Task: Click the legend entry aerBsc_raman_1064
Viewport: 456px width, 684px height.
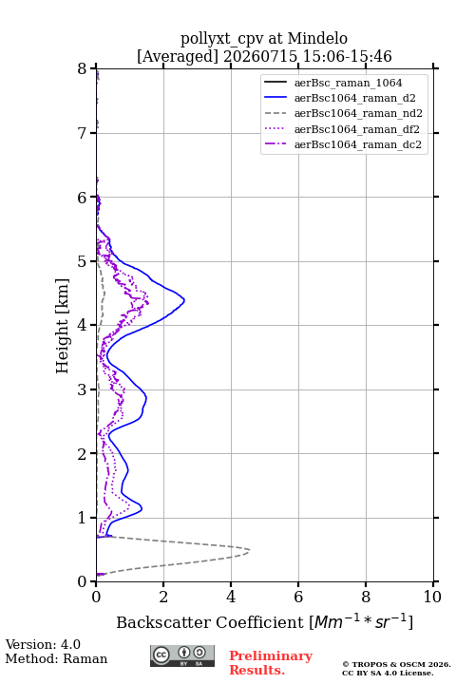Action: [348, 83]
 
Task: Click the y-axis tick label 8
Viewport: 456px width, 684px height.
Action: [83, 69]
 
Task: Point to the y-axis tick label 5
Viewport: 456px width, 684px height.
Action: [83, 261]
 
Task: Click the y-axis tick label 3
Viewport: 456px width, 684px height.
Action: [83, 389]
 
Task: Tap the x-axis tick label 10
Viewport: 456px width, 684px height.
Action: [432, 597]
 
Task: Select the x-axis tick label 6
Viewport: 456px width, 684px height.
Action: [298, 597]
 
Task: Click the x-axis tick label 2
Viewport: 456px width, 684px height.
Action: [163, 597]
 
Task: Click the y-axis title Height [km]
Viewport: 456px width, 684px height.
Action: [63, 326]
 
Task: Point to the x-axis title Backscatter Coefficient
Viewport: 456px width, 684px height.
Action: [210, 622]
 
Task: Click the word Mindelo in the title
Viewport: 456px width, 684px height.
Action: [317, 38]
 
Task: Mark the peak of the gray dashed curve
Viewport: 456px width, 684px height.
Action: [249, 550]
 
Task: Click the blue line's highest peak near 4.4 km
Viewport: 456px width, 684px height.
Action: [184, 300]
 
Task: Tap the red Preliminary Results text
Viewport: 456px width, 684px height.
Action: [271, 663]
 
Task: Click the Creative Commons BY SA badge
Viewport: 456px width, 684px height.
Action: [182, 656]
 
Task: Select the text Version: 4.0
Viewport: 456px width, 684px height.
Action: [43, 644]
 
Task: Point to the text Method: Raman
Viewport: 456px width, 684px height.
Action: [56, 658]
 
